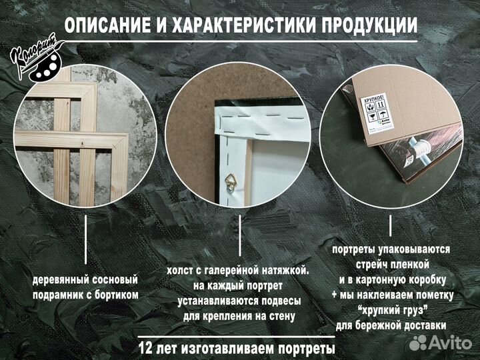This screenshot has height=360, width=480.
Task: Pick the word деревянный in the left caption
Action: [65, 279]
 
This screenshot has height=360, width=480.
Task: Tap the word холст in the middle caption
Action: [183, 271]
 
